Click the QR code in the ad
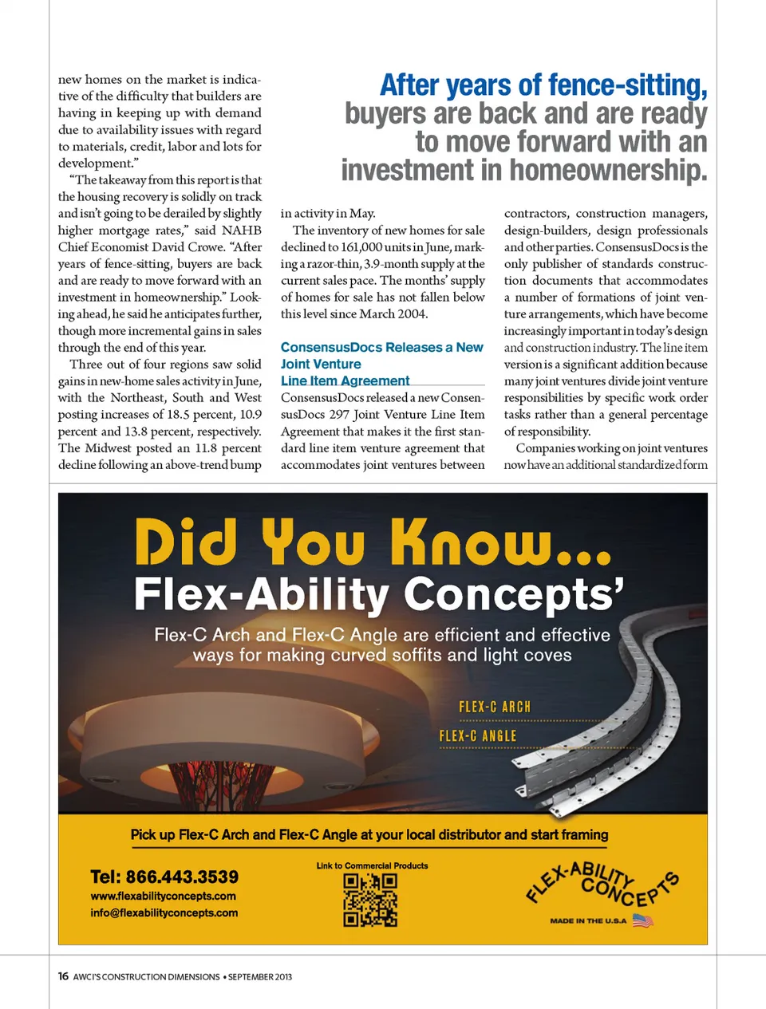[370, 900]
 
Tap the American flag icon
[643, 920]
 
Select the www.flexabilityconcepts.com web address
[164, 896]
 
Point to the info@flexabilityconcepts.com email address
[164, 912]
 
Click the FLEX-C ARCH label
[495, 707]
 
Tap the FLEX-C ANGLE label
[478, 735]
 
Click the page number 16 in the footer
[63, 976]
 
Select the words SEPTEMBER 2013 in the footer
[260, 976]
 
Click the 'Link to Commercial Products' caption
[372, 865]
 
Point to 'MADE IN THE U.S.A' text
[588, 920]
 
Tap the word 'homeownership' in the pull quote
[608, 170]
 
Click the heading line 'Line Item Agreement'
[345, 380]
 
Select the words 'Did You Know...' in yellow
[373, 542]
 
